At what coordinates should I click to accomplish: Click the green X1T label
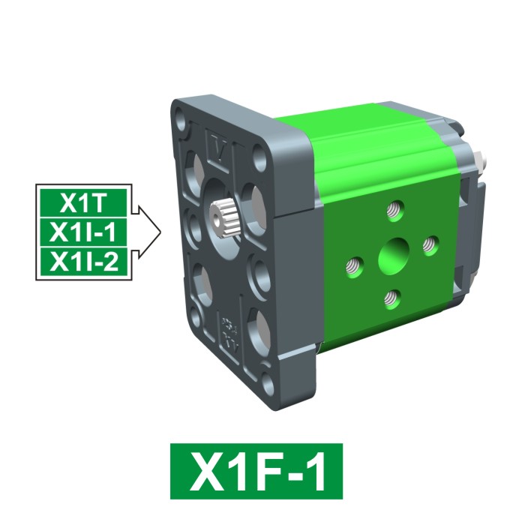(83, 202)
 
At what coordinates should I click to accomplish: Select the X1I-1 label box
(83, 232)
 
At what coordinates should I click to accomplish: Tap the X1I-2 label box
(83, 262)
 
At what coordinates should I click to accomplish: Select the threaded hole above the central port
(395, 208)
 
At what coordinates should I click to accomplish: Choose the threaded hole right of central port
(430, 243)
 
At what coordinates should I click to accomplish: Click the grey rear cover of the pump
(469, 225)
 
